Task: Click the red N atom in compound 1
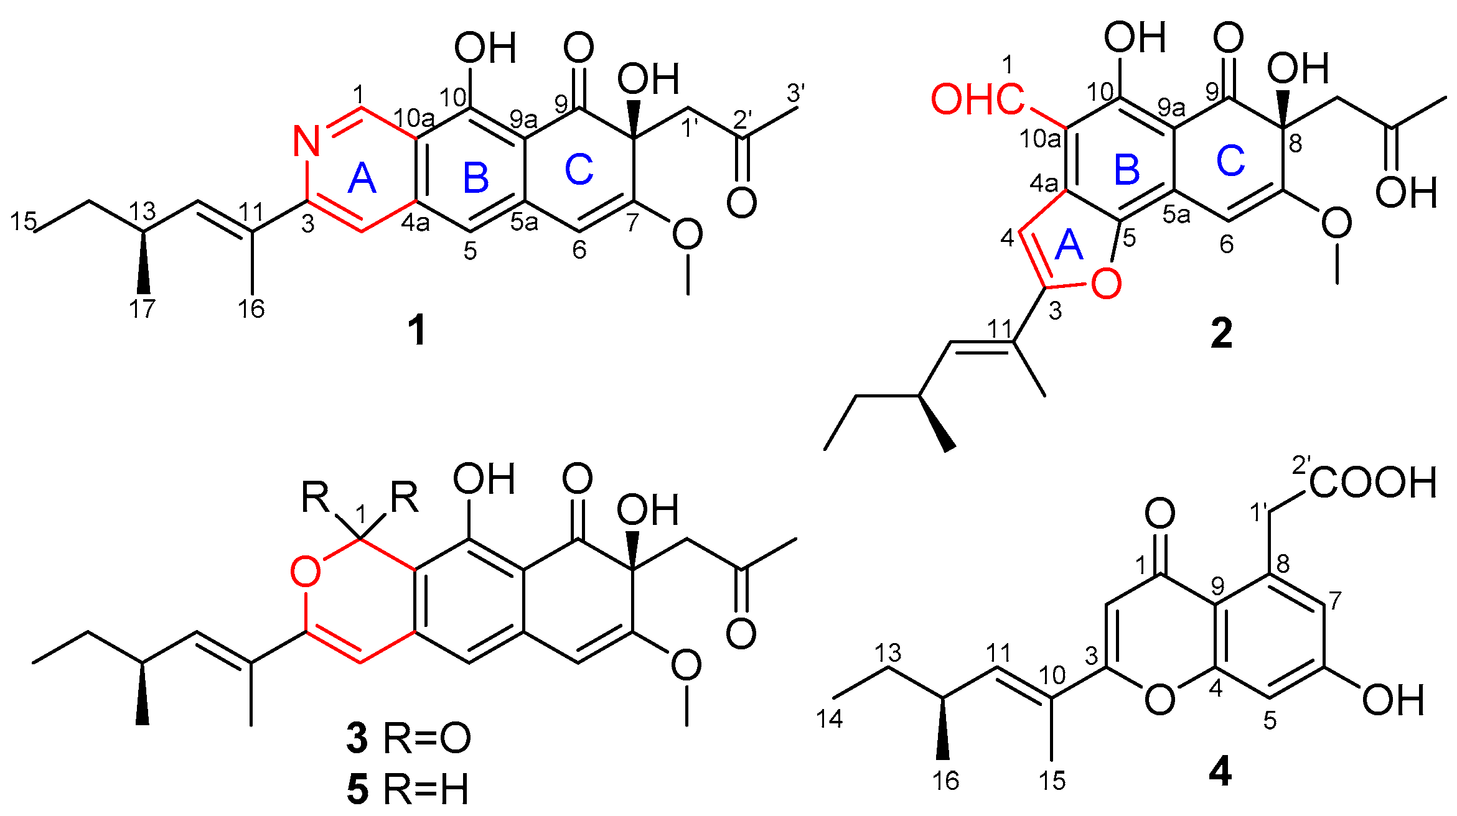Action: [306, 141]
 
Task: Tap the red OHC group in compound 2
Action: [977, 100]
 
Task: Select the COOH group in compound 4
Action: [1372, 482]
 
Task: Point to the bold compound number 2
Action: [1221, 334]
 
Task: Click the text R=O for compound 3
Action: [426, 739]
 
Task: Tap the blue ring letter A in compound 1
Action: [362, 180]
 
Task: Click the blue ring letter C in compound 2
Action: [1230, 161]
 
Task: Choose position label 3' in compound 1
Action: [795, 93]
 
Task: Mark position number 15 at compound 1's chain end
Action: [24, 221]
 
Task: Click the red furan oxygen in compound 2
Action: [1106, 284]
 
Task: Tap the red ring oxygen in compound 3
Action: [306, 572]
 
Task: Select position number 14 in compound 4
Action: [829, 718]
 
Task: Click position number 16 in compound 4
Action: [945, 781]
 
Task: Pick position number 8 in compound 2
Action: [1295, 143]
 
